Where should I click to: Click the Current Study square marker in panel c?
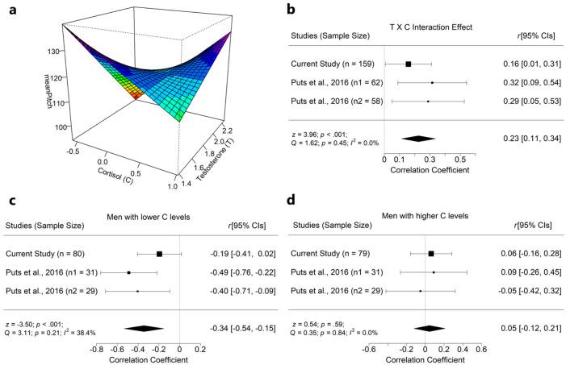(160, 253)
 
